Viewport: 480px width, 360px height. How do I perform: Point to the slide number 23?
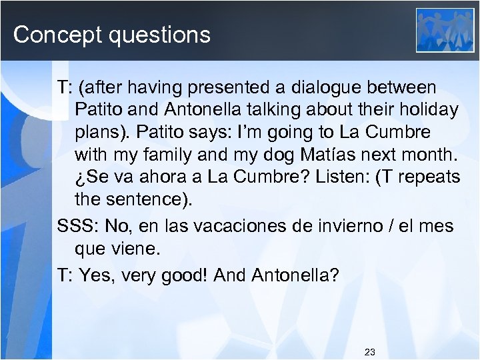(371, 351)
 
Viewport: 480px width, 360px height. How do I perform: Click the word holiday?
(426, 109)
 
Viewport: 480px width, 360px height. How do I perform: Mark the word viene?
(138, 249)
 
